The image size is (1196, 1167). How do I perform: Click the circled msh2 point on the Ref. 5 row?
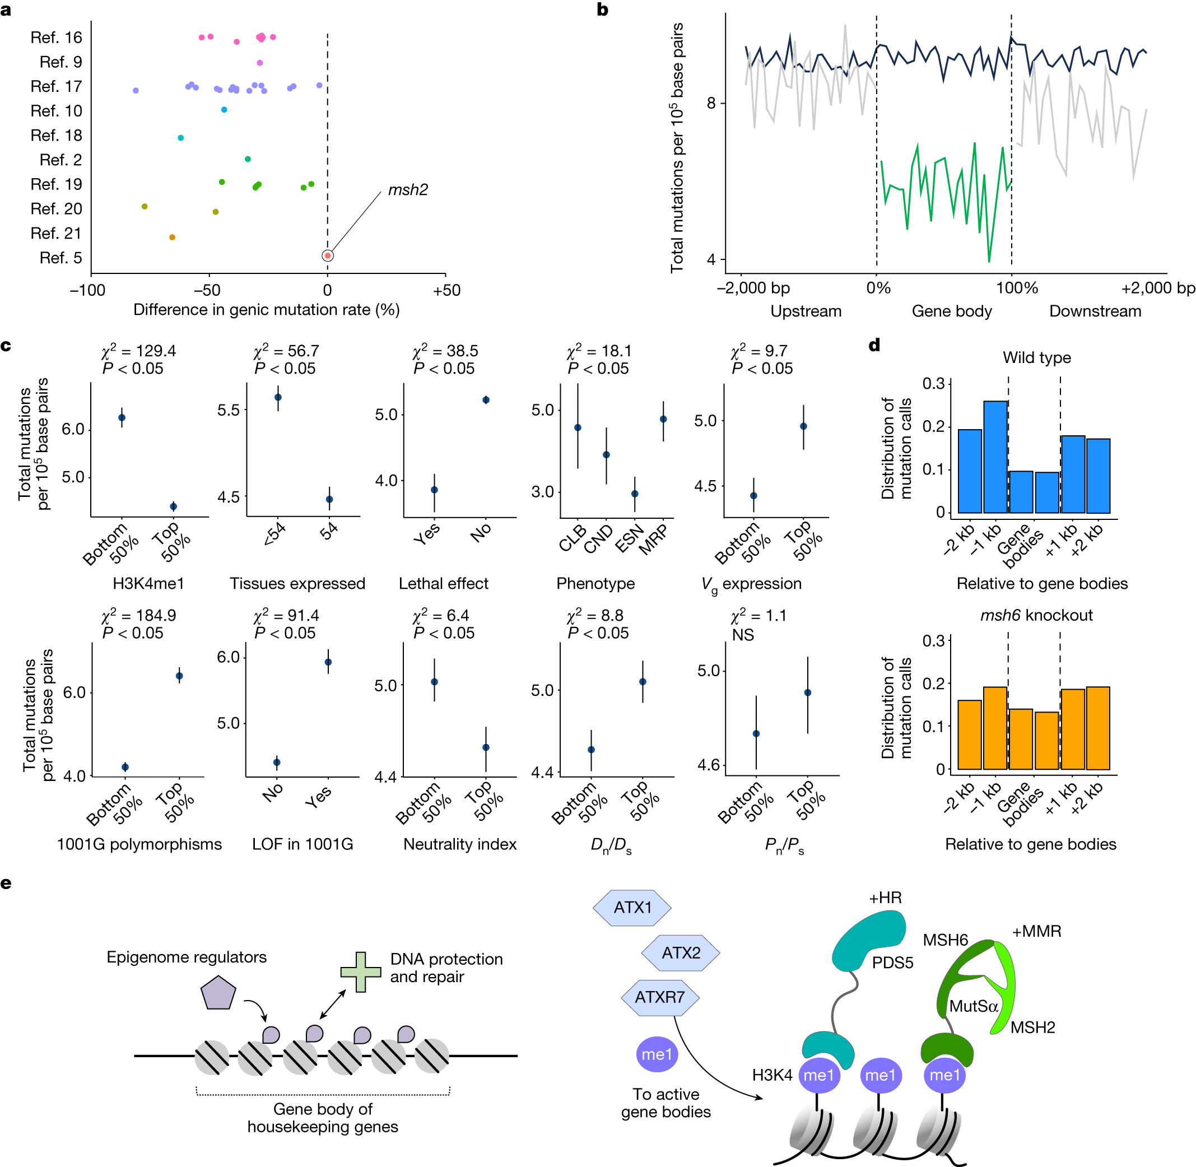click(328, 255)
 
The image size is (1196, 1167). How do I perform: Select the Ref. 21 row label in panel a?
click(56, 234)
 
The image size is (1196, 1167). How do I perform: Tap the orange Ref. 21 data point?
click(172, 237)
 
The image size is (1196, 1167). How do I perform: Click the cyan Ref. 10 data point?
click(224, 110)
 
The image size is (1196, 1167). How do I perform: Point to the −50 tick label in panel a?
click(208, 291)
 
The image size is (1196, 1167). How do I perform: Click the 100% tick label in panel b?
click(1017, 288)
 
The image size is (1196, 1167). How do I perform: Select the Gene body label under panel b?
click(952, 311)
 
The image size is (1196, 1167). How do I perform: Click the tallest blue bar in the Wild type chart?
click(995, 457)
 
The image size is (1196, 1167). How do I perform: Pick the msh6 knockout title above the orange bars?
click(1036, 615)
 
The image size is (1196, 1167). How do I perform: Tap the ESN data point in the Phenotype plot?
click(635, 494)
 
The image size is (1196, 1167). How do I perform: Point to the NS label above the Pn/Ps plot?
click(743, 635)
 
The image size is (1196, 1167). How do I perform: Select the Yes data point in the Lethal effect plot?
click(434, 490)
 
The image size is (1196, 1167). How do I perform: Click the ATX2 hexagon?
click(681, 952)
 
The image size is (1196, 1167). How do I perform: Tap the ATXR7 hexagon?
click(660, 997)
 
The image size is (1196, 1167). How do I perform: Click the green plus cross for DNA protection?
click(361, 971)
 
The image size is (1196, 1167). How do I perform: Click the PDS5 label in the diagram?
click(892, 963)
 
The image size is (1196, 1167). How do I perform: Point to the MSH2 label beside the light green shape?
click(1032, 1027)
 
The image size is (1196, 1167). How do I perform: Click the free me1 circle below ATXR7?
click(657, 1054)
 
